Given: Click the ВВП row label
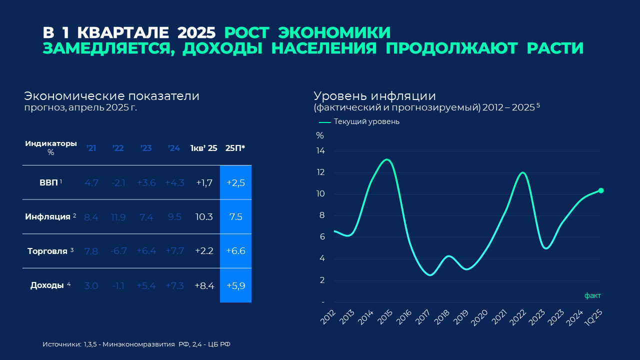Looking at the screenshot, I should pyautogui.click(x=48, y=182).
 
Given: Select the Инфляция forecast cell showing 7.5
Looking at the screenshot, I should pyautogui.click(x=235, y=216).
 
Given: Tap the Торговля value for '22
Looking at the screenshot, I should pyautogui.click(x=118, y=251).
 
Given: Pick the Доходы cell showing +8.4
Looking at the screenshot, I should pyautogui.click(x=204, y=285).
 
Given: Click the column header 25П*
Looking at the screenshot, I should pyautogui.click(x=235, y=148).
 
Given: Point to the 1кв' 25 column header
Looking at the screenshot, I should pyautogui.click(x=203, y=148).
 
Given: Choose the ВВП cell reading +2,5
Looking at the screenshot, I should pyautogui.click(x=235, y=182).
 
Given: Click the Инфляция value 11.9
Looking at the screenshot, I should pyautogui.click(x=118, y=216).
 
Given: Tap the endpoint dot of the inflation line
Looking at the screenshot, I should pyautogui.click(x=600, y=190).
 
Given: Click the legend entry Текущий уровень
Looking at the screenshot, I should pyautogui.click(x=366, y=121).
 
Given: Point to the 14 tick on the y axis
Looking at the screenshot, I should pyautogui.click(x=320, y=151).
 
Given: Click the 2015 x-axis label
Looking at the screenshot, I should pyautogui.click(x=386, y=316).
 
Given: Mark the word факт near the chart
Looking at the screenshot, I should pyautogui.click(x=592, y=295).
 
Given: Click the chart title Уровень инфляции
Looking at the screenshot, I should pyautogui.click(x=375, y=96).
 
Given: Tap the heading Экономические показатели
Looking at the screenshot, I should pyautogui.click(x=111, y=96).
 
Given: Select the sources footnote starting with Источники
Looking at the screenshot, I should pyautogui.click(x=136, y=344).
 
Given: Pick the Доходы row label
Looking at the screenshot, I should pyautogui.click(x=47, y=285).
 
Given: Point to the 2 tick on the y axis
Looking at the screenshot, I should pyautogui.click(x=322, y=280).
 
